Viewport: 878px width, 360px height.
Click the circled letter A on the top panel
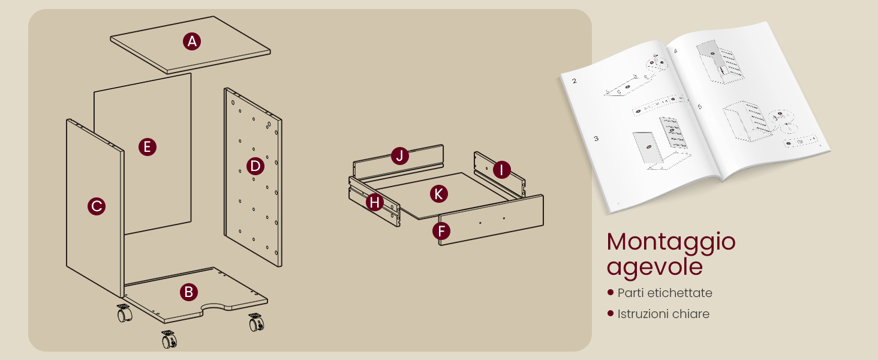tap(191, 41)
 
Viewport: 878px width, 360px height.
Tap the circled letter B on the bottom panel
tap(188, 292)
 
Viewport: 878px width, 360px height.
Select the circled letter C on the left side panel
tap(96, 206)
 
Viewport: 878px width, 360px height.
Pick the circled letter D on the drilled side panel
tap(255, 166)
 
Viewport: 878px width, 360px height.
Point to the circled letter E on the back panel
tap(147, 147)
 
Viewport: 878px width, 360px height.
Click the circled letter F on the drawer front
tap(441, 231)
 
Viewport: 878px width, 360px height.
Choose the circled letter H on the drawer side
tap(375, 203)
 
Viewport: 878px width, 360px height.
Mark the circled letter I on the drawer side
tap(501, 170)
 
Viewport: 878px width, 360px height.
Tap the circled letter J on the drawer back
tap(399, 156)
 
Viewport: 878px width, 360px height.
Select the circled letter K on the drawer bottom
tap(439, 194)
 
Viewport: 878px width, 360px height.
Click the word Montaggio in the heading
tap(671, 242)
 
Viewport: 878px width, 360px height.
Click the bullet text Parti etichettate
tap(664, 293)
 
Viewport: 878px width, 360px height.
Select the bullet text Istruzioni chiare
tap(663, 314)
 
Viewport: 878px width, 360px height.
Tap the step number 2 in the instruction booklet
tap(575, 81)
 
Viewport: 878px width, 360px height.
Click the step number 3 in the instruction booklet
tap(596, 139)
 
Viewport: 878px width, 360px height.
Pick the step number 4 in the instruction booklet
tap(676, 51)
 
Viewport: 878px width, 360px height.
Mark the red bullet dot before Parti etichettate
tap(611, 293)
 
